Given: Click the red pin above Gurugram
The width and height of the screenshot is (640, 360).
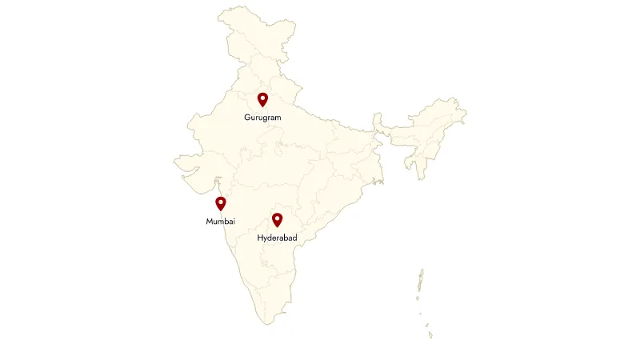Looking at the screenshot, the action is point(262,99).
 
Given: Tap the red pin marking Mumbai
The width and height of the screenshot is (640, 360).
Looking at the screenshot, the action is point(221,203).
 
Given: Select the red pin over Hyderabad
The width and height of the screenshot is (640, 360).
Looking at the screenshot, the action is point(278,219).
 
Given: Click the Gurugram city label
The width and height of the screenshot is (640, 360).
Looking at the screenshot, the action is point(262,118).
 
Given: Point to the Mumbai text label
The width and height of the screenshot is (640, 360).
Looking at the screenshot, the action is point(220,221).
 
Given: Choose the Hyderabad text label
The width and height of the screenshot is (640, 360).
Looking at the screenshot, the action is point(277,238).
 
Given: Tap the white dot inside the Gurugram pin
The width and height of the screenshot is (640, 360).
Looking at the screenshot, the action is point(262,98).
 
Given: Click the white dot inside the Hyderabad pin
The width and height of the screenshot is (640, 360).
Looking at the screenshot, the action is point(278,218).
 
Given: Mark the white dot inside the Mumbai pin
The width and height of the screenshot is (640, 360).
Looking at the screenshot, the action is point(221,202).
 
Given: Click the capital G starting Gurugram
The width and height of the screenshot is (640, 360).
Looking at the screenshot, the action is point(247,118).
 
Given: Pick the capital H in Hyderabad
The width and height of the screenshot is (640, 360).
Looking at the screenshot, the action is point(260,238).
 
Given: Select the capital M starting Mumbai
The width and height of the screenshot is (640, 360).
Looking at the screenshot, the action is point(209,221).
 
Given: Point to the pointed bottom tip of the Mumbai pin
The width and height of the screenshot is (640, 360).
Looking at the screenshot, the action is point(221,211).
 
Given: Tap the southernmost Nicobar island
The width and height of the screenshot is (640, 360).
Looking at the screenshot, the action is point(430,334).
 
